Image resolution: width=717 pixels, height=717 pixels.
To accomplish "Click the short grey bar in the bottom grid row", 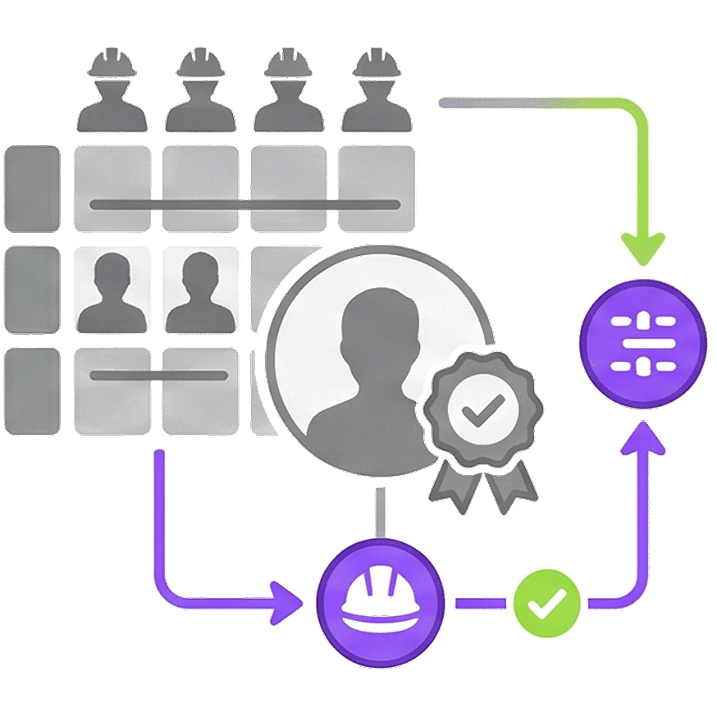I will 159,376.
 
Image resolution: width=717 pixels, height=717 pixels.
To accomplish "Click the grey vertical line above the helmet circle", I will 380,513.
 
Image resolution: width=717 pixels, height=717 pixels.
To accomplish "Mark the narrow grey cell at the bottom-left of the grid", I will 33,390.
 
